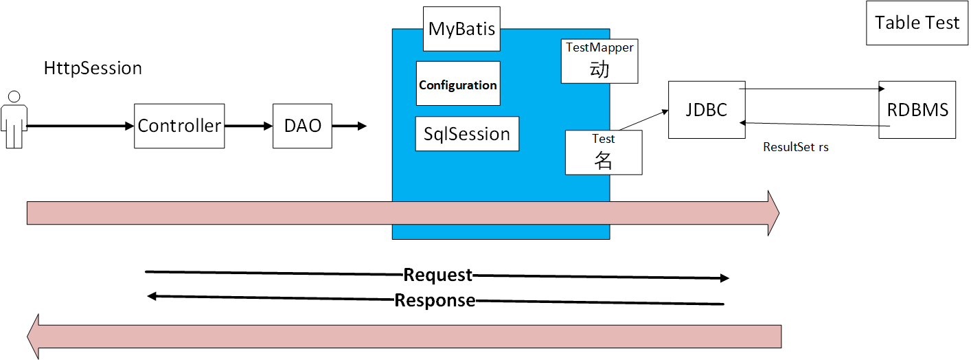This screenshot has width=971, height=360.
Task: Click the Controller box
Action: [179, 126]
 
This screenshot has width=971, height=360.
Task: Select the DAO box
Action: [302, 126]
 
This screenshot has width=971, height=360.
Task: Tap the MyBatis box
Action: [461, 29]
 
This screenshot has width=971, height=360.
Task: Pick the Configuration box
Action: [458, 84]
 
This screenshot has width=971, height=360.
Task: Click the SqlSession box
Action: [467, 133]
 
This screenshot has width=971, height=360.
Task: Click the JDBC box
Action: [707, 109]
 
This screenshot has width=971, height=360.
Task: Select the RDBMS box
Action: [917, 109]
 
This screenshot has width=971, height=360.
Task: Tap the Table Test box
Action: [917, 23]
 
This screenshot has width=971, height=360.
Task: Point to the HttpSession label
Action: [93, 68]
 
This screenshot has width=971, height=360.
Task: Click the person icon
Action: [14, 119]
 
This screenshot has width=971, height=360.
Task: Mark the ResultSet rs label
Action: [796, 147]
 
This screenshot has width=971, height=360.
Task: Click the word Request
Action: [438, 275]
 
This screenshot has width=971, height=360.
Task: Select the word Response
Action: [435, 300]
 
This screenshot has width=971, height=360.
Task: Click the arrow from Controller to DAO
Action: [248, 126]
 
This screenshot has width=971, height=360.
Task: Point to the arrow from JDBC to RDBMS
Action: [810, 89]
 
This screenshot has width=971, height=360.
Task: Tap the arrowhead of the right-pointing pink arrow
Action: [773, 213]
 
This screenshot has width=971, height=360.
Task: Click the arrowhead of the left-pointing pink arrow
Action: [34, 336]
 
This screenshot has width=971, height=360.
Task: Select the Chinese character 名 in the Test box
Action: [603, 160]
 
